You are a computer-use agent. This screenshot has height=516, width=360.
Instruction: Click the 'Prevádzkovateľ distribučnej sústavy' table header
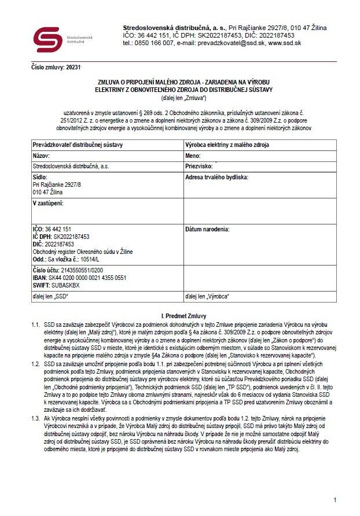point(78,145)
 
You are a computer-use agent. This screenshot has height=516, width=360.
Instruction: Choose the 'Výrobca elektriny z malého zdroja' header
point(227,145)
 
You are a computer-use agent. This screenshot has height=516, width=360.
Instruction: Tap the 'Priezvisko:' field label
point(199,166)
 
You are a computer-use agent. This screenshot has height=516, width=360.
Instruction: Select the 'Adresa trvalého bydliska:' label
point(216,177)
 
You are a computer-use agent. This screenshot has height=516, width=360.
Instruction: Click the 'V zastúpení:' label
point(48,203)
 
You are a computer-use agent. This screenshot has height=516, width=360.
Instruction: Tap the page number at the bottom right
point(335,499)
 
